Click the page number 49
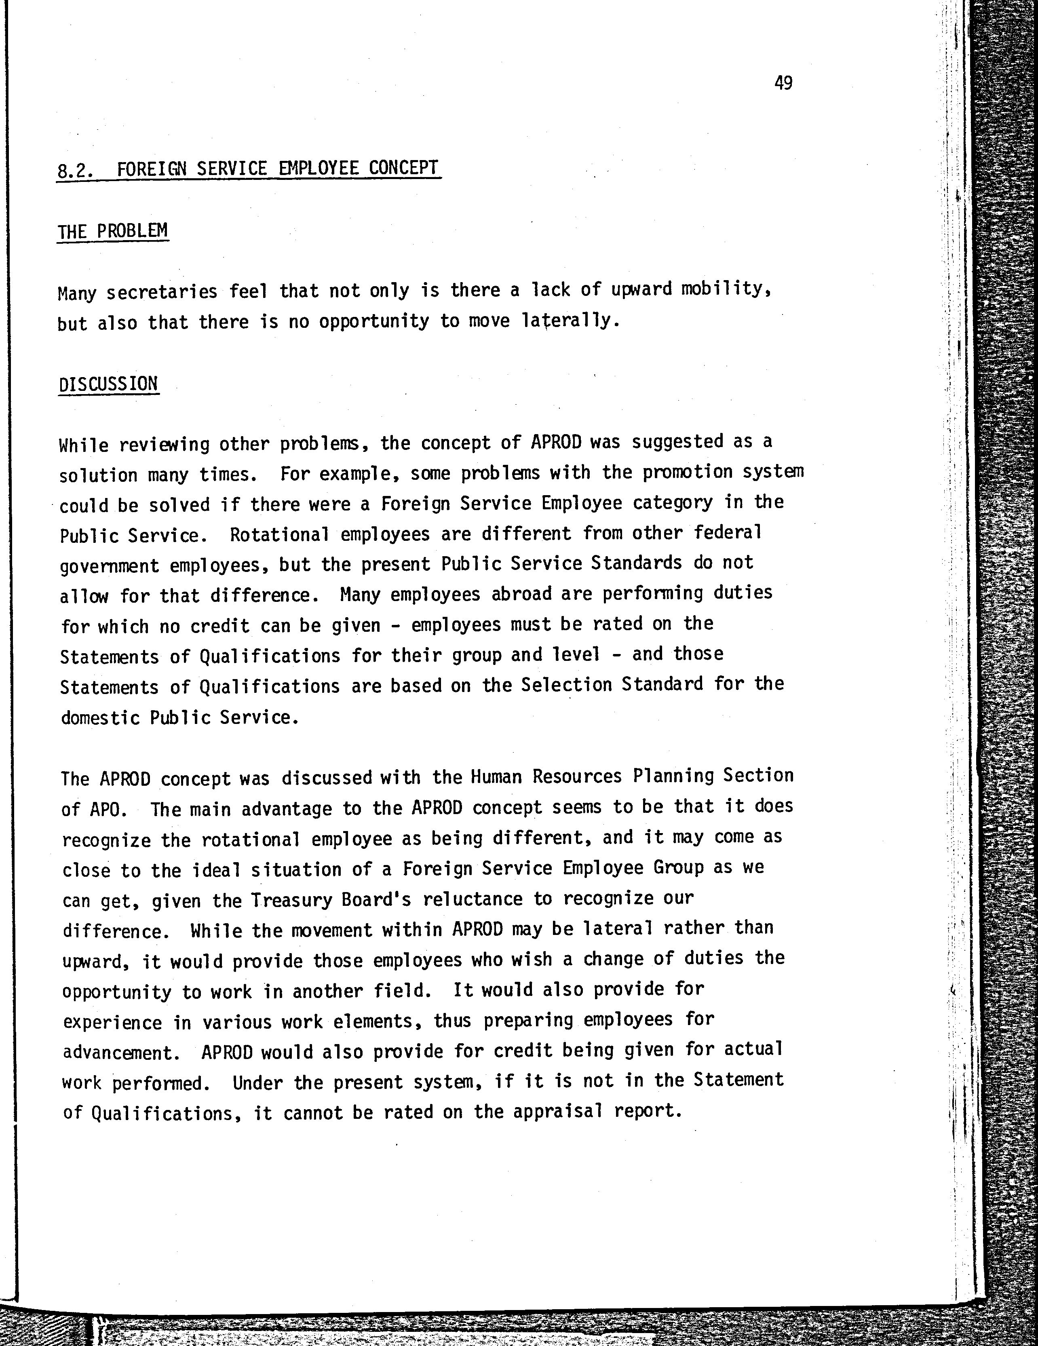pyautogui.click(x=783, y=82)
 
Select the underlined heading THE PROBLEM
pyautogui.click(x=113, y=231)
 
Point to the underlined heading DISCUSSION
pyautogui.click(x=108, y=384)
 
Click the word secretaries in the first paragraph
pyautogui.click(x=162, y=291)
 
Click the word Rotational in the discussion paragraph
pyautogui.click(x=279, y=534)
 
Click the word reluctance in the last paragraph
pyautogui.click(x=473, y=899)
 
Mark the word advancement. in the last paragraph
pyautogui.click(x=121, y=1053)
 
